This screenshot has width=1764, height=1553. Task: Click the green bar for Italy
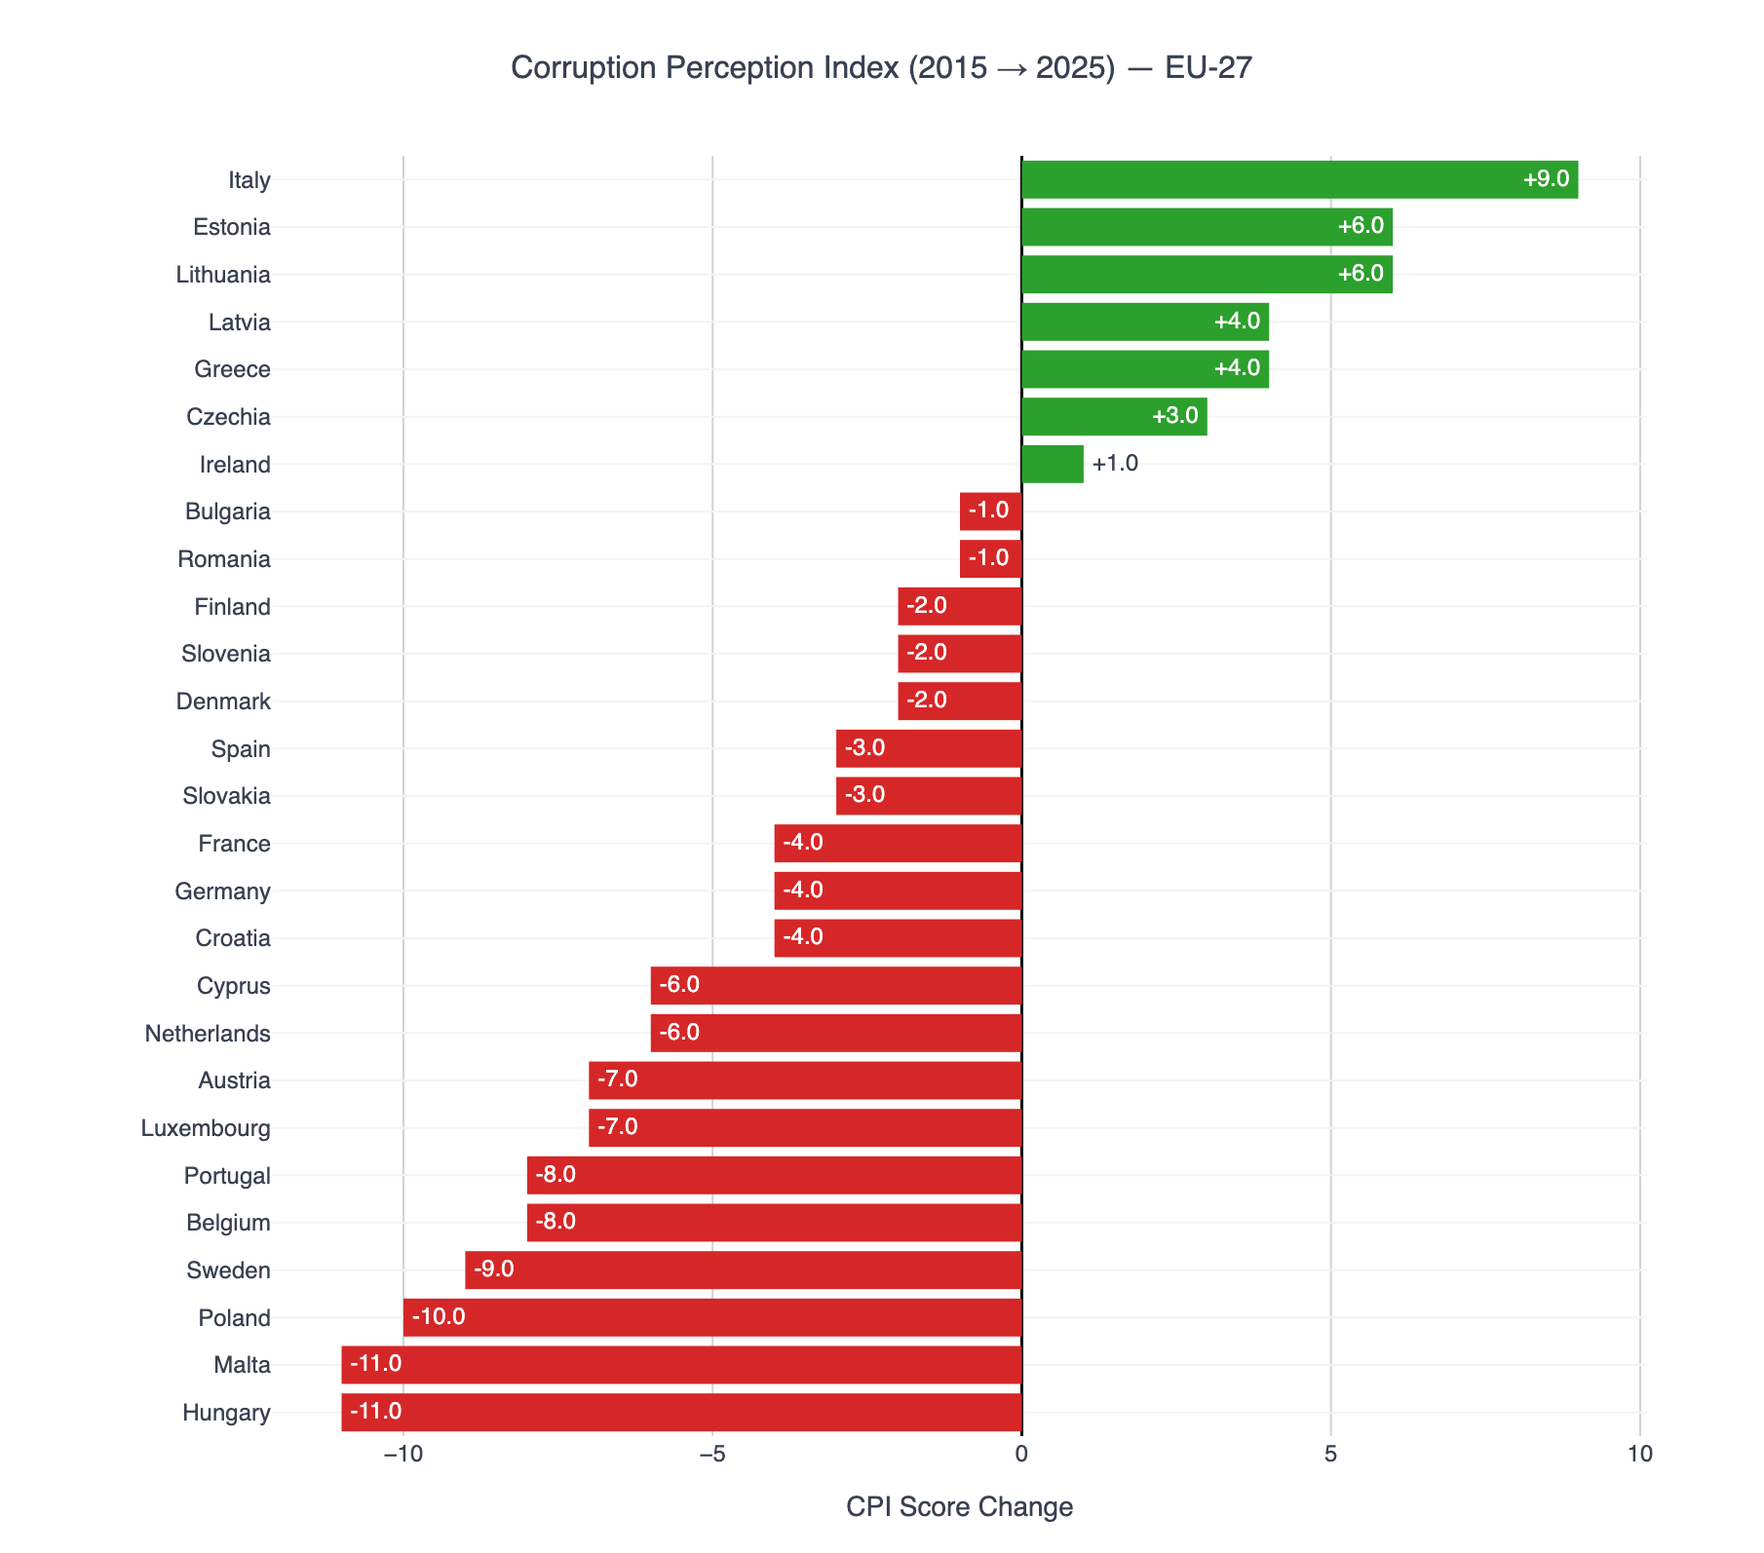(1299, 180)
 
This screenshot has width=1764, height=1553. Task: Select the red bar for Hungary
(681, 1413)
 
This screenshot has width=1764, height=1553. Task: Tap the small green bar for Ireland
(1053, 464)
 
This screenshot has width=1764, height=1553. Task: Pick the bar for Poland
(712, 1317)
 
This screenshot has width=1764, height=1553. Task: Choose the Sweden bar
(744, 1270)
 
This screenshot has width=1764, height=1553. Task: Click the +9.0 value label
(1546, 179)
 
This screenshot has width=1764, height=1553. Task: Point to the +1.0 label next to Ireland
(1115, 463)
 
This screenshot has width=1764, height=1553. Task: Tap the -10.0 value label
(439, 1317)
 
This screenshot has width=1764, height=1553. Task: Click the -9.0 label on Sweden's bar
(493, 1269)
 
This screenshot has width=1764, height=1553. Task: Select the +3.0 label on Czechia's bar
(1175, 416)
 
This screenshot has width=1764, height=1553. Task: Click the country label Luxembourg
(206, 1128)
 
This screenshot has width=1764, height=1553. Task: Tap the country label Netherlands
(208, 1034)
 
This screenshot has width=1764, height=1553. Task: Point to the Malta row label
(242, 1365)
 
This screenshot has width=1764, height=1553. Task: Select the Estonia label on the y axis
(232, 227)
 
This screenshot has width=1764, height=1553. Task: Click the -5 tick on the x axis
(712, 1455)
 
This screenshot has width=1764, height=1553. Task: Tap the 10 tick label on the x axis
(1640, 1455)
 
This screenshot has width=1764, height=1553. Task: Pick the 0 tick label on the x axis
(1021, 1455)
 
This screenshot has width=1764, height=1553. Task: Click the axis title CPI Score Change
(959, 1507)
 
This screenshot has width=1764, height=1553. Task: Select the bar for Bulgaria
(990, 511)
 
